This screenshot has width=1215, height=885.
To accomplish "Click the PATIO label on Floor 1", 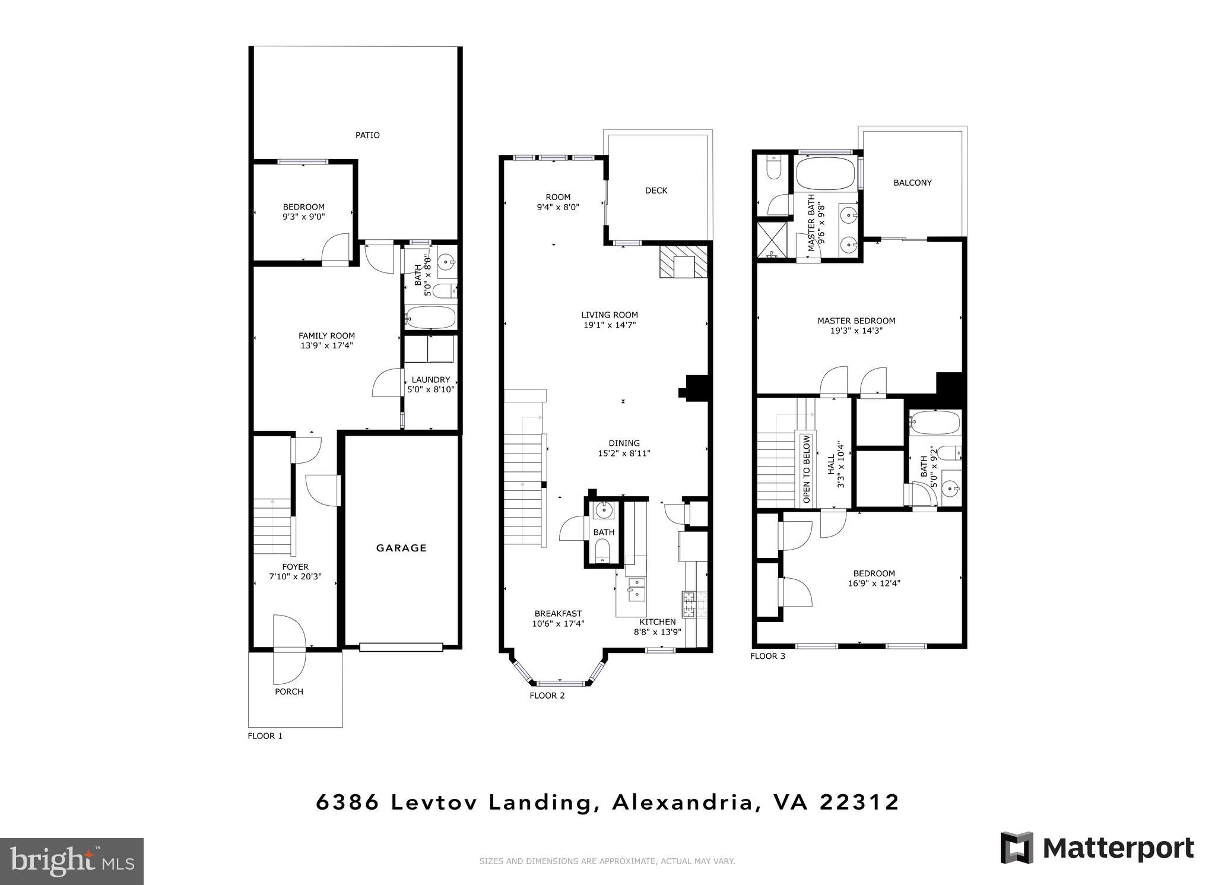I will tap(367, 135).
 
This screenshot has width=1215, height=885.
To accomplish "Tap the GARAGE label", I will tap(401, 548).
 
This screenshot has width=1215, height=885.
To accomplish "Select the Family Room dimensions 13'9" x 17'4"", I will tap(326, 345).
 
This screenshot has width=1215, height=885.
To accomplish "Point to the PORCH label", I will tap(289, 691).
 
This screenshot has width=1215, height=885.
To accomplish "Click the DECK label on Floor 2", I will tap(656, 191).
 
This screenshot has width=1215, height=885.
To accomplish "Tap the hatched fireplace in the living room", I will tap(684, 262).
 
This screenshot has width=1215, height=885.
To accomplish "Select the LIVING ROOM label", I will tap(609, 315).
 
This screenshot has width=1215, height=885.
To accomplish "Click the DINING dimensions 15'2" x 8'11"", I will tap(624, 453).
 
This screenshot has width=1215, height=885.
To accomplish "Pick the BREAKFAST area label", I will tap(558, 614).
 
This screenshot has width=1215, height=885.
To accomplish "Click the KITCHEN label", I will tap(657, 622).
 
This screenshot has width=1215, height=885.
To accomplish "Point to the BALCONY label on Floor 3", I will tap(912, 183).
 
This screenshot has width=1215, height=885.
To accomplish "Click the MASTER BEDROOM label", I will tap(856, 321).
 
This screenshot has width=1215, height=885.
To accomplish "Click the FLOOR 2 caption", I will tap(547, 696).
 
